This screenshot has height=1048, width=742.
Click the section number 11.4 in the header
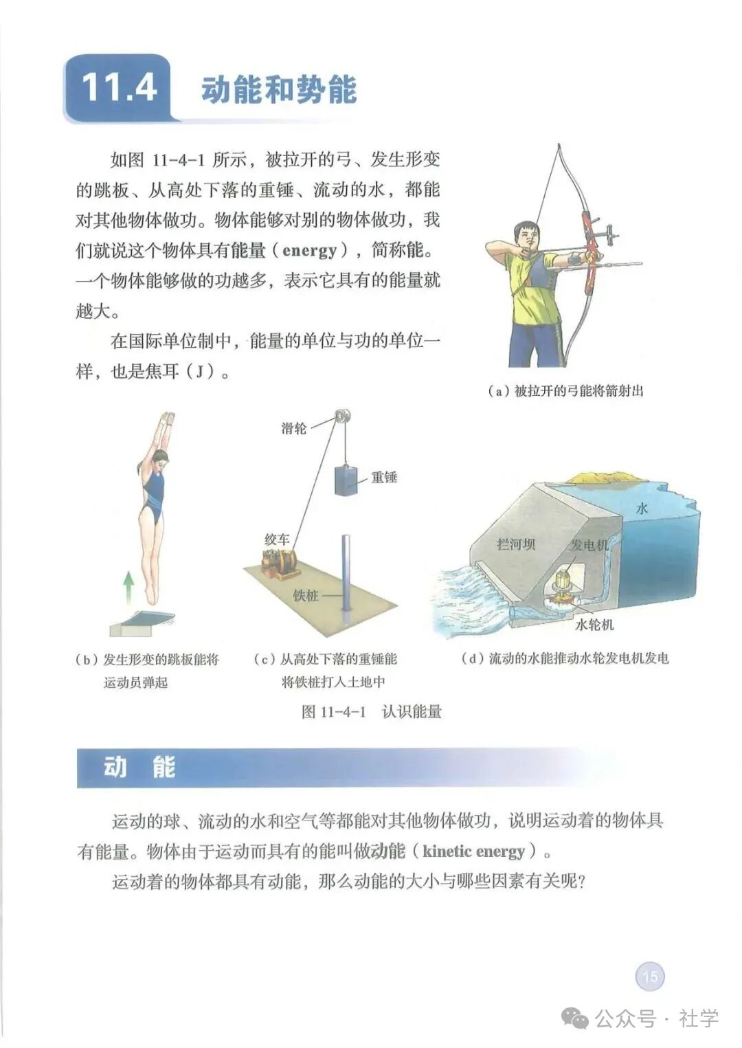(118, 89)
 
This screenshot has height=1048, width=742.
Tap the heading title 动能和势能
(278, 90)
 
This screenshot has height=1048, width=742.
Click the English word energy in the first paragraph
(310, 250)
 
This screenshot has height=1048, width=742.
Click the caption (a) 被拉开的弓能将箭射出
(565, 391)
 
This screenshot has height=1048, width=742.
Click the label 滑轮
(294, 428)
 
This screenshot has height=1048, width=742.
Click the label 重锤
(384, 477)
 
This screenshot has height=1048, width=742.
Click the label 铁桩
(306, 596)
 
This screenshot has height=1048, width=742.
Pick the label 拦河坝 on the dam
(515, 544)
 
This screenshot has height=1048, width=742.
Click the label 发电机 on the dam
(589, 545)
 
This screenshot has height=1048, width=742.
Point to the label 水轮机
(594, 625)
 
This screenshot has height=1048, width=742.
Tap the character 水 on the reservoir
(642, 509)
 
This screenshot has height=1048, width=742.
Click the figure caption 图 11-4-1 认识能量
(371, 711)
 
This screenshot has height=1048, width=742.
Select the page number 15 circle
(650, 976)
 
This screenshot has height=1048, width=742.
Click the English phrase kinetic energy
(473, 851)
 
